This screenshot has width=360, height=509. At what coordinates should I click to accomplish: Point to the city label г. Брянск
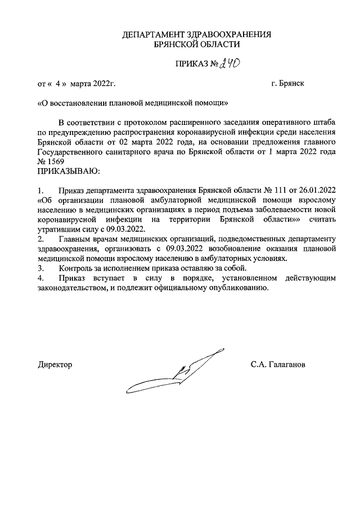point(287,84)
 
